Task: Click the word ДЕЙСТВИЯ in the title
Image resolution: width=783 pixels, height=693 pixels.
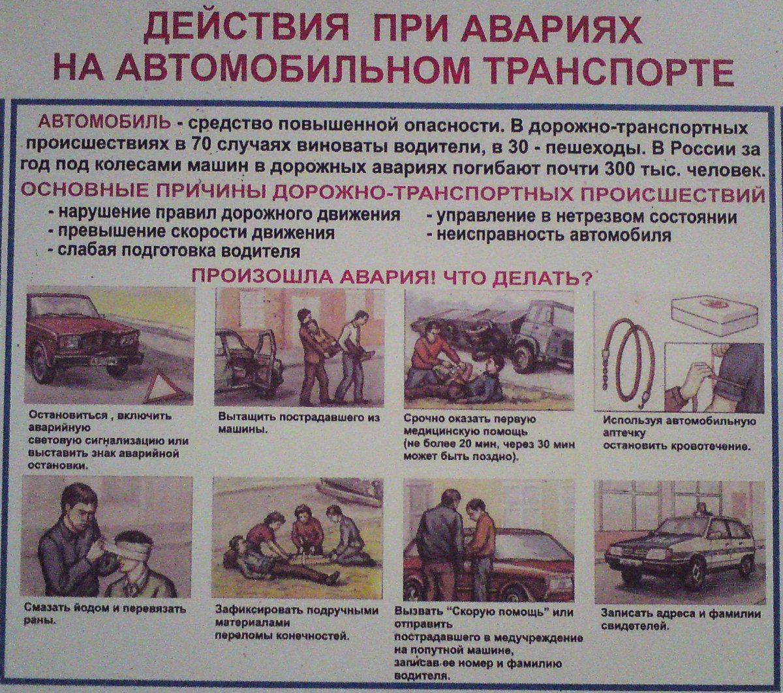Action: [x=237, y=29]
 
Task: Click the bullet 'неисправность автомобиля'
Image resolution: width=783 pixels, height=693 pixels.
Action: [x=554, y=235]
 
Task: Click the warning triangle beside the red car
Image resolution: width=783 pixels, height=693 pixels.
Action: [x=161, y=388]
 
